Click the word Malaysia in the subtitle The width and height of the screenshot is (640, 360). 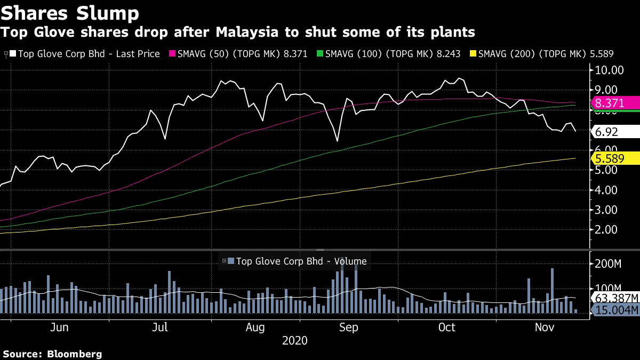point(248,32)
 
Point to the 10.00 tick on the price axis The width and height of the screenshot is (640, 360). point(610,70)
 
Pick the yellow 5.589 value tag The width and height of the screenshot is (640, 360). point(613,158)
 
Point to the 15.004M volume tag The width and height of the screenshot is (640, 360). point(615,310)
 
